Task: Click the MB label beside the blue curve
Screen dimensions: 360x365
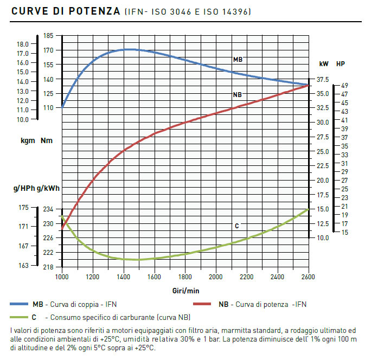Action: pyautogui.click(x=237, y=59)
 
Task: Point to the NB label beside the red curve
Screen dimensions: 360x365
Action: pyautogui.click(x=237, y=95)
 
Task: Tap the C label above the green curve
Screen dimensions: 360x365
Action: pyautogui.click(x=237, y=226)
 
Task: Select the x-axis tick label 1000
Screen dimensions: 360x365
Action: pyautogui.click(x=62, y=277)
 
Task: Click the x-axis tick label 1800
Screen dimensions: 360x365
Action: pyautogui.click(x=185, y=277)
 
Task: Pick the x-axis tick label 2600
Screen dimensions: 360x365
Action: pyautogui.click(x=309, y=277)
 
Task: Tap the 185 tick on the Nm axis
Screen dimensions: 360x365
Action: pyautogui.click(x=48, y=36)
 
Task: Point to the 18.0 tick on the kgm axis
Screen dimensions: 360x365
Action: pyautogui.click(x=23, y=44)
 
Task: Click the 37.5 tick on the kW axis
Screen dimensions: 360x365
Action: pyautogui.click(x=322, y=80)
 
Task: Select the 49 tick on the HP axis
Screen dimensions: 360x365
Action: pyautogui.click(x=345, y=86)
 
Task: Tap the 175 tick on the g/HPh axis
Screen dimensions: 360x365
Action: pyautogui.click(x=23, y=208)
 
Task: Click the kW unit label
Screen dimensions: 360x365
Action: pyautogui.click(x=323, y=63)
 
